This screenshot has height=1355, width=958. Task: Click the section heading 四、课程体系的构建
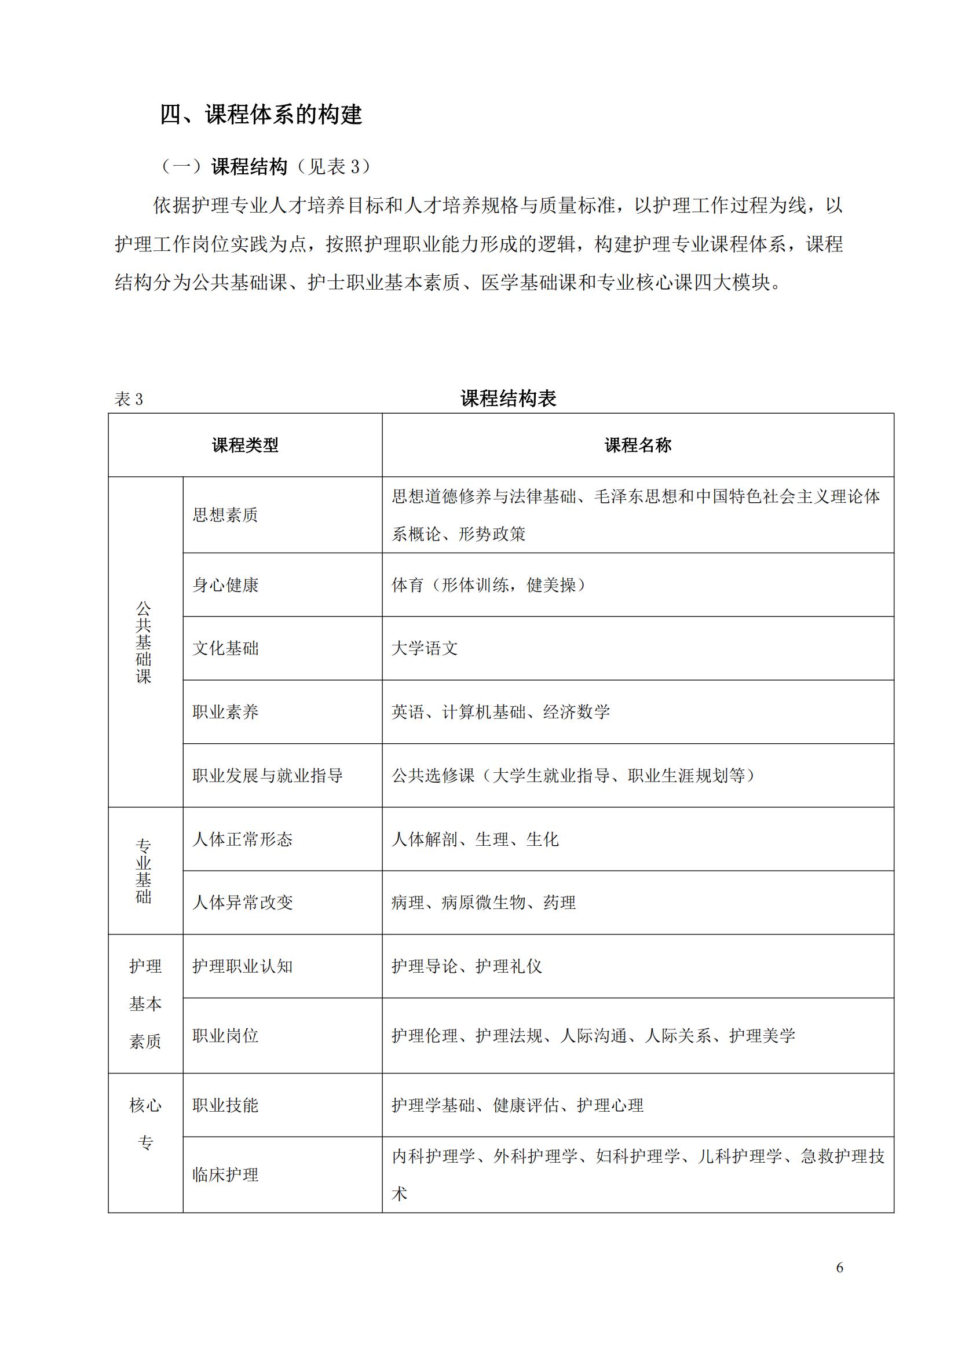(x=261, y=114)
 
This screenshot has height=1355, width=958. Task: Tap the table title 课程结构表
(x=508, y=399)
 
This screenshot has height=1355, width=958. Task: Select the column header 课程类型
(x=245, y=445)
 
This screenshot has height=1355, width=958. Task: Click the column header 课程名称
(x=638, y=445)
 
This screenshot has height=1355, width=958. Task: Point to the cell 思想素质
(x=225, y=515)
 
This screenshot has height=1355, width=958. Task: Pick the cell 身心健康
(x=225, y=585)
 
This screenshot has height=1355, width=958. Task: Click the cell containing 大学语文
(x=425, y=649)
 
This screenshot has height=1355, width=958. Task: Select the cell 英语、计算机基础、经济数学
(x=500, y=712)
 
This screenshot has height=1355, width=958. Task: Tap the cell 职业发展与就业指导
(x=267, y=776)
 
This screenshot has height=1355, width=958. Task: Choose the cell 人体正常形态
(x=243, y=839)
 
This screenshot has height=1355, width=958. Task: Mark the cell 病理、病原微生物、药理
(x=483, y=903)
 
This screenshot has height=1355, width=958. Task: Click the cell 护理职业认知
(x=243, y=966)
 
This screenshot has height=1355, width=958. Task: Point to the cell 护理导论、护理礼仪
(x=466, y=966)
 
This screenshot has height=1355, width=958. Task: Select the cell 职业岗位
(x=225, y=1036)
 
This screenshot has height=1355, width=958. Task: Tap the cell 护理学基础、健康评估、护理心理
(x=517, y=1105)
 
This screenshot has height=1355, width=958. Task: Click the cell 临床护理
(x=225, y=1175)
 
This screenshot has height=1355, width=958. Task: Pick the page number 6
(x=839, y=1268)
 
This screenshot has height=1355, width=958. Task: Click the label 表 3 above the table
(x=129, y=400)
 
